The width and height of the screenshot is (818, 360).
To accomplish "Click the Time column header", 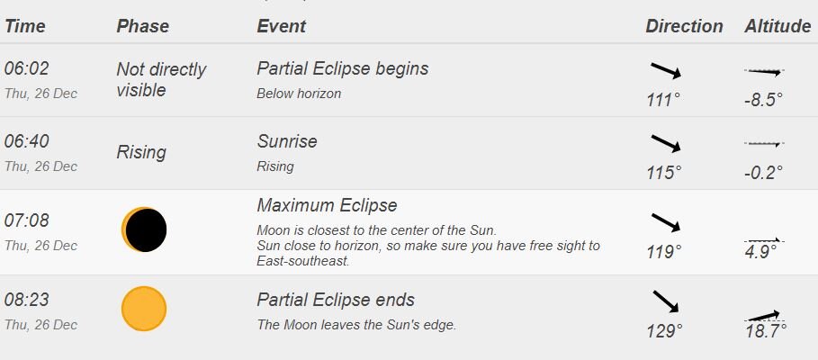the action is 25,26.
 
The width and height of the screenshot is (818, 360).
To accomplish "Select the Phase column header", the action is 142,26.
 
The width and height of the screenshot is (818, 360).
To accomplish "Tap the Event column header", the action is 281,26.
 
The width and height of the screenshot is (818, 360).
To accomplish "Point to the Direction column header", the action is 684,26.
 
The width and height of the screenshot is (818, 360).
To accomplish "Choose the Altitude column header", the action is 778,26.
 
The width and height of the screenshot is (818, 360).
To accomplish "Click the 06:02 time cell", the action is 27,68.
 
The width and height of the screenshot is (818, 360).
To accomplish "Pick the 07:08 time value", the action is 27,220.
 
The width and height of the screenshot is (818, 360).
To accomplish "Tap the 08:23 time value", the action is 27,300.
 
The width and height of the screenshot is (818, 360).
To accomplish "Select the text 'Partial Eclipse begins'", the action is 343,68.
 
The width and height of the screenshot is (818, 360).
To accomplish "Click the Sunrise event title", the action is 287,141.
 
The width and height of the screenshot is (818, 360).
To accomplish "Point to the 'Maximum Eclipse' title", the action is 327,205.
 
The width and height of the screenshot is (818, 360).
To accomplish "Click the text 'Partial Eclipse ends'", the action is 336,300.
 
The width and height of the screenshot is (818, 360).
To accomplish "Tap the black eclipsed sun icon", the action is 145,229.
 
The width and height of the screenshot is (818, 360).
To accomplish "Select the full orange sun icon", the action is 144,309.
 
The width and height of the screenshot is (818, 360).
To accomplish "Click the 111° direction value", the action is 663,100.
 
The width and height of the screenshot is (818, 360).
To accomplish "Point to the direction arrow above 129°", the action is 666,301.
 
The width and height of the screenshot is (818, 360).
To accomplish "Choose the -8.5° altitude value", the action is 764,100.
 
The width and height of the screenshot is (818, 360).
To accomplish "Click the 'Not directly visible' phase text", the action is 161,79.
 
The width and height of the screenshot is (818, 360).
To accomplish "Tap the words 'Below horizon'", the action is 299,94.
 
